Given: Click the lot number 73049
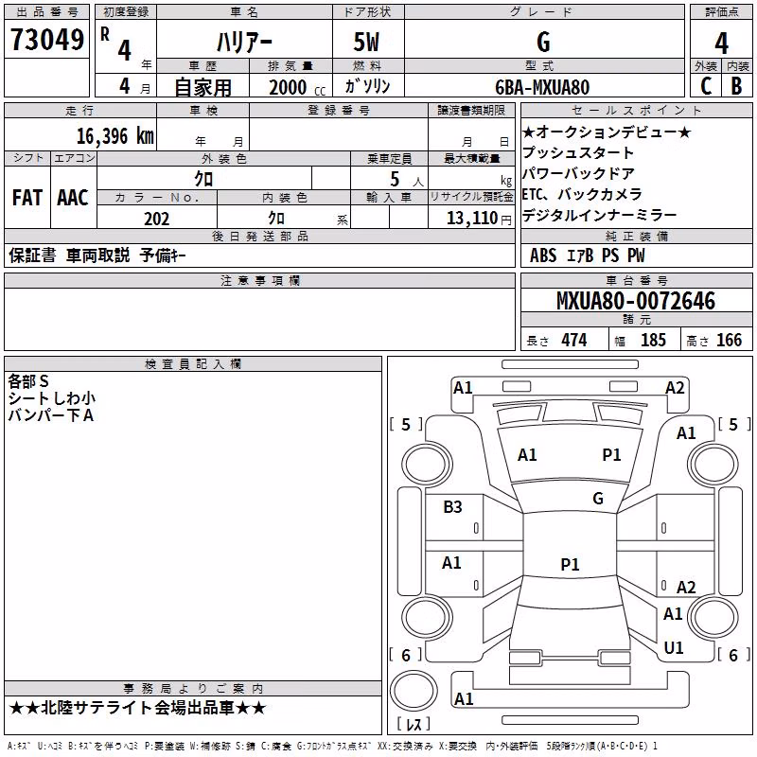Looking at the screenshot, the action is pos(46,40).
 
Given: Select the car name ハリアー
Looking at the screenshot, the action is pos(244,43).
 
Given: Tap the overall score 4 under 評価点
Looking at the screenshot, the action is pos(721,44).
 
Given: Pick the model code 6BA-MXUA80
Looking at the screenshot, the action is pos(542,87).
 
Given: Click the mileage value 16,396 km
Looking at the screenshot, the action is pos(115,136).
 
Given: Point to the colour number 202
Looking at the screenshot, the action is pos(157,219).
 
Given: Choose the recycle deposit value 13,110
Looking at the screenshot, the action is pos(472,219).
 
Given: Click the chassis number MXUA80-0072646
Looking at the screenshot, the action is pos(636,301).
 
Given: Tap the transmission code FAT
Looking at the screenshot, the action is pos(27,198).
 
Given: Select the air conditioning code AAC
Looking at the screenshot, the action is pos(73,198).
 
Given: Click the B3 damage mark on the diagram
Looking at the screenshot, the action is pos(452,507).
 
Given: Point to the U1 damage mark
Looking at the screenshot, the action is pos(674,647).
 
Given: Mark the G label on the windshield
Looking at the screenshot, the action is pos(598,499).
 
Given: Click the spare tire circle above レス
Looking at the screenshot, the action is pos(414,691).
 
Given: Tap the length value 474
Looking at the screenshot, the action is pos(574,340).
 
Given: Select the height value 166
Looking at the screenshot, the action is pos(729,340).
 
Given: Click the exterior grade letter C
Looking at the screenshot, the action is pos(706,86).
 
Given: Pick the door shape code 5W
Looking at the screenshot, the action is pos(366,42).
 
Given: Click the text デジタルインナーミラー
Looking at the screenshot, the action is pos(599,215).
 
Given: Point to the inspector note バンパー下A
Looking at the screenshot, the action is pos(51,415).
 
